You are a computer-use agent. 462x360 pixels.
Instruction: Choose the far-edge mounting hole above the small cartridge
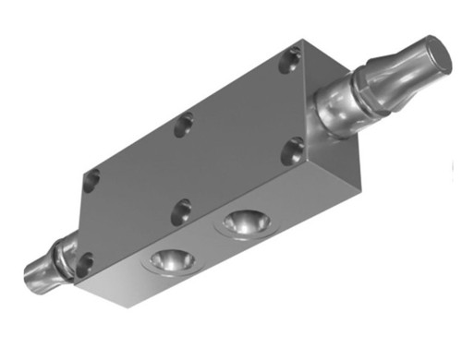click(90, 179)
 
